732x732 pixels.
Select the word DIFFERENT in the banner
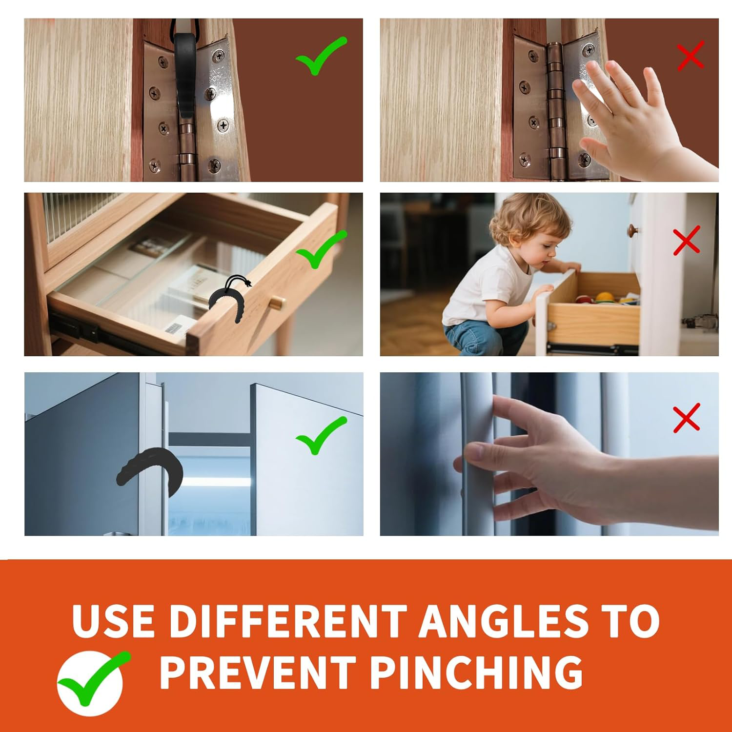(x=288, y=621)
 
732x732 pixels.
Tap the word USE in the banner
(x=114, y=621)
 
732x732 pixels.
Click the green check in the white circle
(x=94, y=678)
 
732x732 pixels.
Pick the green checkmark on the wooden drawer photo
(x=321, y=249)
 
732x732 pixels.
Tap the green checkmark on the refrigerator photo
(x=321, y=436)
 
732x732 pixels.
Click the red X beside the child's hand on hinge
(x=691, y=55)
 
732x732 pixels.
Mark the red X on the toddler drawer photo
(x=687, y=240)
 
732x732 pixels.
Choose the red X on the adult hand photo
(x=687, y=418)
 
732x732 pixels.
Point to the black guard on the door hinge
(x=186, y=73)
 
